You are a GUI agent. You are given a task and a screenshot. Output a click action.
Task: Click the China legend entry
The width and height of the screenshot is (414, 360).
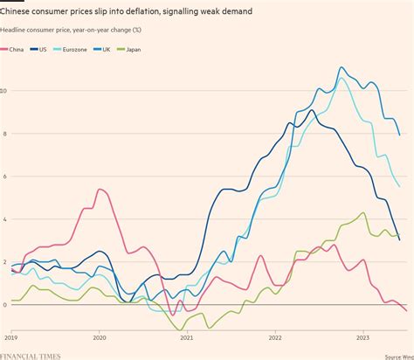tap(17, 50)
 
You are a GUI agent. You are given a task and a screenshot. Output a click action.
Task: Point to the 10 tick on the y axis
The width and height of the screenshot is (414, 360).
tap(4, 91)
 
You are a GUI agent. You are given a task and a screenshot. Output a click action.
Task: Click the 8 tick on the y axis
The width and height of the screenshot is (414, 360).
tap(3, 134)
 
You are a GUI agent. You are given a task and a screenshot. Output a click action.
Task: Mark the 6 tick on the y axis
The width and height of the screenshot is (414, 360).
tap(3, 177)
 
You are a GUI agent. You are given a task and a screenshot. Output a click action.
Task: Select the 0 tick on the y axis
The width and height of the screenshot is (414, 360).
tap(3, 304)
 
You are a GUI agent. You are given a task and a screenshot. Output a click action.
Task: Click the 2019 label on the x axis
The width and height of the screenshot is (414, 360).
tap(10, 336)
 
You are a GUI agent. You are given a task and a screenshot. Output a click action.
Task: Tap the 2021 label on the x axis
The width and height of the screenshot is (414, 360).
tap(186, 336)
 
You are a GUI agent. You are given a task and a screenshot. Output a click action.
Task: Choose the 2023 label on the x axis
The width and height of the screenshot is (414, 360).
tap(362, 336)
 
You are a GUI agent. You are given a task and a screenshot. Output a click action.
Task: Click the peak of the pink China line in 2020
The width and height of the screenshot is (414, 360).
tap(100, 189)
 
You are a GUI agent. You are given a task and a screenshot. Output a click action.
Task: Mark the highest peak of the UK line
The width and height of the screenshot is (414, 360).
tap(342, 67)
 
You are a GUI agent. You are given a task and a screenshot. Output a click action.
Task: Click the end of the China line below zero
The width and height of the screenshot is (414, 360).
tap(406, 310)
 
